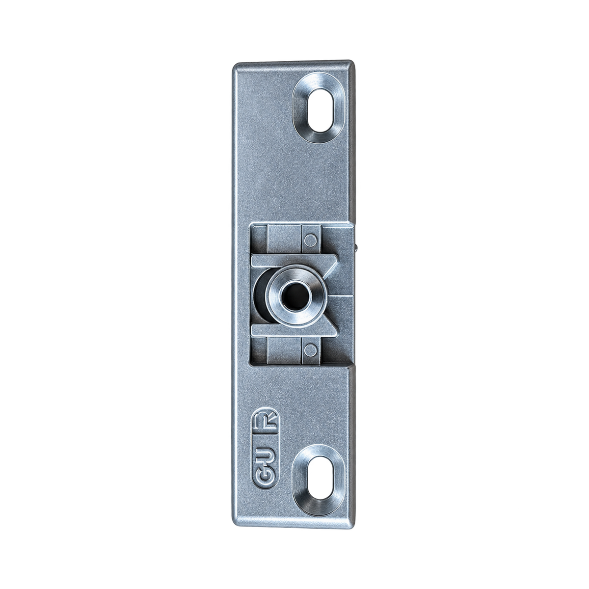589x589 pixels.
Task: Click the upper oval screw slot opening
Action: pos(320,110)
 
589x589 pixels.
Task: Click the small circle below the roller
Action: pos(310,348)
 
